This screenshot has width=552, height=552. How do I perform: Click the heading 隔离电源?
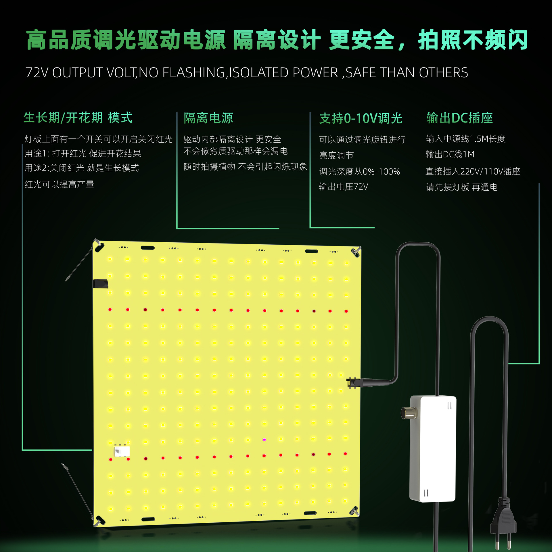click(x=208, y=118)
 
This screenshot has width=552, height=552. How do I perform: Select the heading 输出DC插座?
click(x=459, y=118)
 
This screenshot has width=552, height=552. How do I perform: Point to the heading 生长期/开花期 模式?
click(x=78, y=118)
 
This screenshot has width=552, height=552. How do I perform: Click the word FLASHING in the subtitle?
click(x=193, y=73)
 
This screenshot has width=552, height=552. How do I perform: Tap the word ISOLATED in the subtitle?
click(x=258, y=73)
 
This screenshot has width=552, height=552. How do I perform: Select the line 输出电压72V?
click(x=343, y=187)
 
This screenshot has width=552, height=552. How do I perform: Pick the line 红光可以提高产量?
click(x=60, y=185)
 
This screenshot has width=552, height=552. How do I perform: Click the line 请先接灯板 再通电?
click(x=462, y=187)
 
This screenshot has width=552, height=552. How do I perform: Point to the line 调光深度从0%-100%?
click(x=359, y=172)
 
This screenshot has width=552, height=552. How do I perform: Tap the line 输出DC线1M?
click(x=450, y=154)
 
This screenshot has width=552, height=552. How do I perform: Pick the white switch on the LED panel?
click(x=122, y=451)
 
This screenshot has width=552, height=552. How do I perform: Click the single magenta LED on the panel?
click(x=264, y=440)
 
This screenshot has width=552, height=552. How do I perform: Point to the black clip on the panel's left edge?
click(x=100, y=283)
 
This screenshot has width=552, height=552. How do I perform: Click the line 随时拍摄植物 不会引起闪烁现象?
click(x=245, y=167)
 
